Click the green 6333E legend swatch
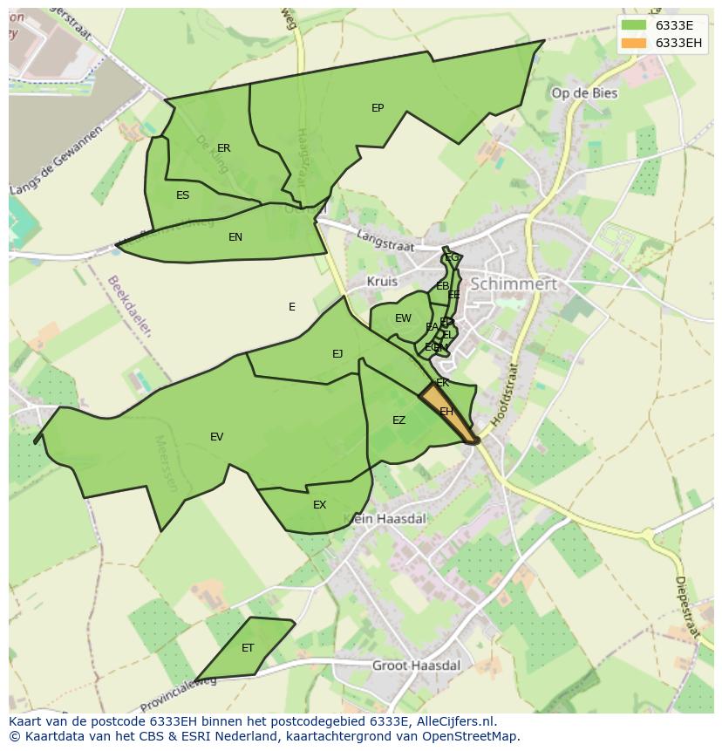(634, 25)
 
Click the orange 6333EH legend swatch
(634, 43)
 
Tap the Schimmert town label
(513, 284)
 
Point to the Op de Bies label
(584, 93)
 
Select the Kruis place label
(382, 282)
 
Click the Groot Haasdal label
(416, 666)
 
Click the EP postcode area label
(378, 108)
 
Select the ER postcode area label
(224, 148)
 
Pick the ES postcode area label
(182, 195)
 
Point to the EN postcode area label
(235, 237)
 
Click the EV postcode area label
(217, 437)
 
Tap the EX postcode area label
(320, 505)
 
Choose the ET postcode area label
(248, 648)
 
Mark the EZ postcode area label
(398, 420)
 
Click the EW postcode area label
(403, 318)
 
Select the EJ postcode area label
(337, 354)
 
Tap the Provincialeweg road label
(178, 695)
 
